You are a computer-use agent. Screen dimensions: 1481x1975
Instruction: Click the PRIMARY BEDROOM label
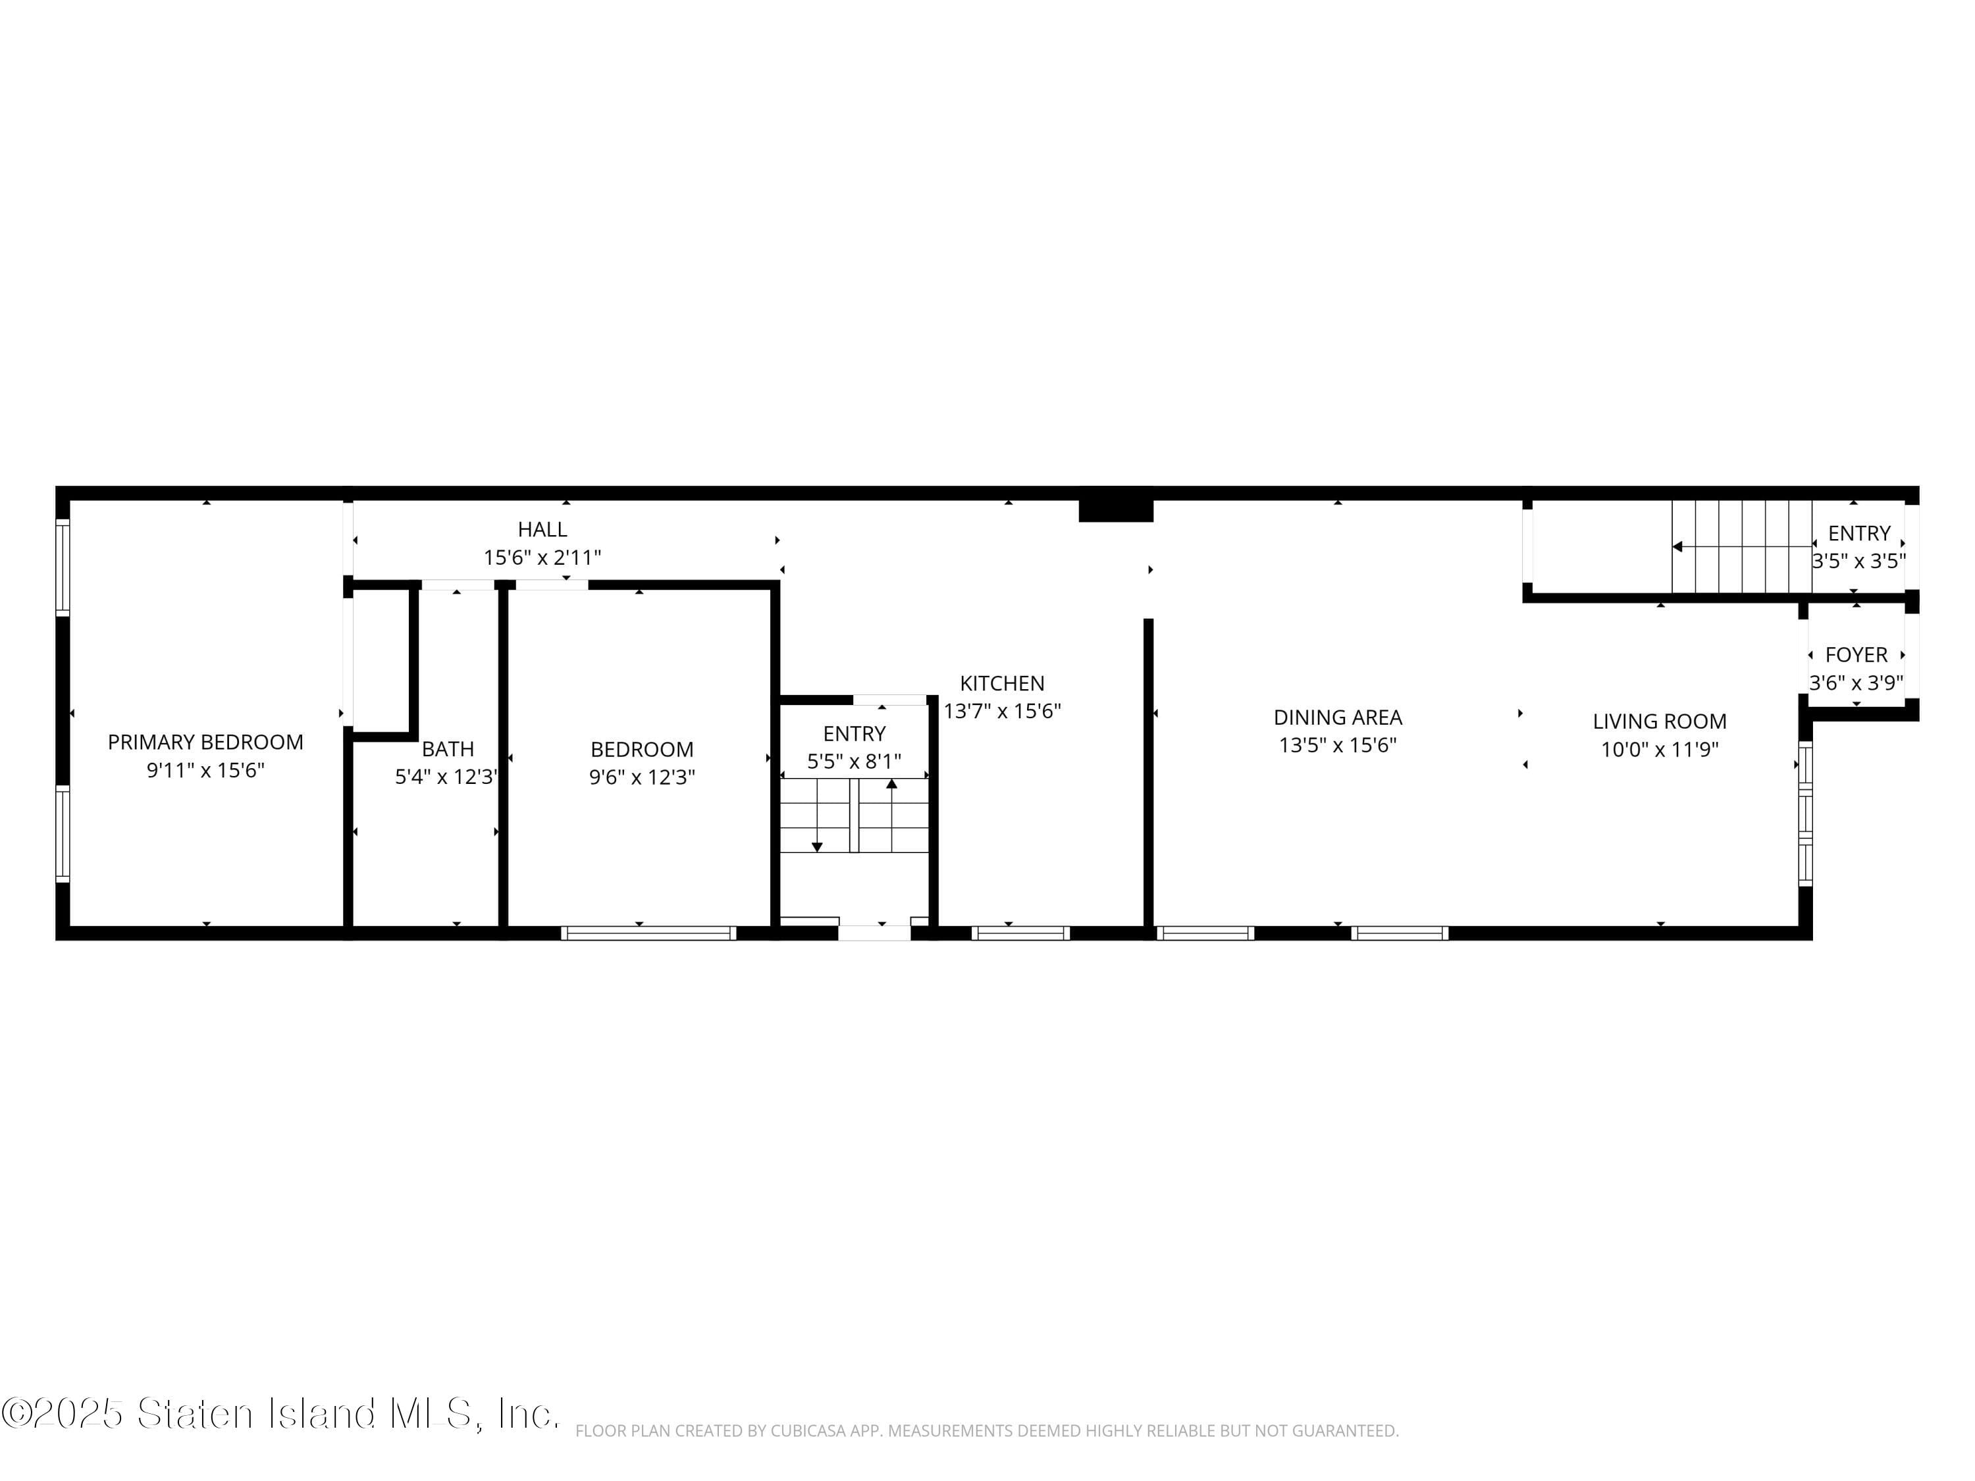tap(205, 742)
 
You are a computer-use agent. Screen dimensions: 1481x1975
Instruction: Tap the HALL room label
tap(542, 529)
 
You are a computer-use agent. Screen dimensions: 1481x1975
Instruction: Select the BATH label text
tap(447, 749)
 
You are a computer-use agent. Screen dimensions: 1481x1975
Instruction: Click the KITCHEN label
tap(1002, 684)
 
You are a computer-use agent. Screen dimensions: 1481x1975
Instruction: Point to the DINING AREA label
tap(1338, 717)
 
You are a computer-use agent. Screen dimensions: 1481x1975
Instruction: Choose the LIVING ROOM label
tap(1659, 721)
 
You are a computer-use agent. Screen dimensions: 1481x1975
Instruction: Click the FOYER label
tap(1856, 655)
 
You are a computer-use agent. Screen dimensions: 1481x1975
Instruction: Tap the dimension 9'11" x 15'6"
tap(205, 770)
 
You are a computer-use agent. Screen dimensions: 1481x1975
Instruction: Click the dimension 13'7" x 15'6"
tap(1002, 712)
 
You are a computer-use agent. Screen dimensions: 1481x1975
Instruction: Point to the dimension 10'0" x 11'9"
tap(1659, 750)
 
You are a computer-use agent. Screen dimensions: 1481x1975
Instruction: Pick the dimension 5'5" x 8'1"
tap(854, 762)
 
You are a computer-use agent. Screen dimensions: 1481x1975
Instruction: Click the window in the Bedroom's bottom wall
tap(648, 933)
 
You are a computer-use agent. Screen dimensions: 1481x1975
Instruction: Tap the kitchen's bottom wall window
tap(1020, 933)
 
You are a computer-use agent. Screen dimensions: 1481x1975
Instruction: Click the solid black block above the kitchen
tap(1115, 509)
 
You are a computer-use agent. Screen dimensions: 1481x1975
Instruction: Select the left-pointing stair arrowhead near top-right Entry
tap(1677, 546)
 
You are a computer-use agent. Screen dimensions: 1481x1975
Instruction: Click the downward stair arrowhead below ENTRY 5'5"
tap(816, 846)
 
